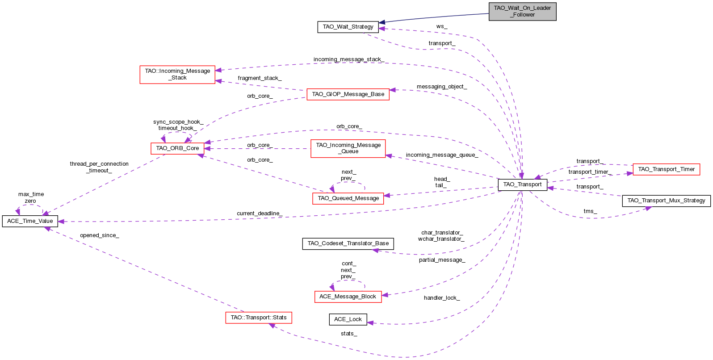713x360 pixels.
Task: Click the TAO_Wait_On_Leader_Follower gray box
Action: (522, 11)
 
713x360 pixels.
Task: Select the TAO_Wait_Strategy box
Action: (348, 27)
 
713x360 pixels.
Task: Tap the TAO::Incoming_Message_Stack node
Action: (177, 74)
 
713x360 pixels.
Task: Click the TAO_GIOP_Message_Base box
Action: (348, 94)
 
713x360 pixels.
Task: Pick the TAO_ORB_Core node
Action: (177, 148)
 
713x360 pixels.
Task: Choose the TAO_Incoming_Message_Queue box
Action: (348, 148)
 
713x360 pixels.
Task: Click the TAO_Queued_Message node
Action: (348, 198)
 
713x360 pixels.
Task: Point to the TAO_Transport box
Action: (522, 184)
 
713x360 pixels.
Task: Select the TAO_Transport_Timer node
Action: (666, 169)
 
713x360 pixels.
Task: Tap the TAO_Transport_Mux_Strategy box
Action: (666, 201)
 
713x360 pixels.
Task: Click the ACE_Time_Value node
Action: (30, 221)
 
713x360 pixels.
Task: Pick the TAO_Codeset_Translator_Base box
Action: (348, 243)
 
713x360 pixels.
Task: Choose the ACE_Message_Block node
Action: (348, 297)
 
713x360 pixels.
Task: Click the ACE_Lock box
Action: (348, 319)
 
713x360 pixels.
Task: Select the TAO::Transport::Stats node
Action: (259, 318)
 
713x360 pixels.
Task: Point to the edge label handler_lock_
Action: (441, 298)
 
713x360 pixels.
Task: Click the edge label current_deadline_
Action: (259, 213)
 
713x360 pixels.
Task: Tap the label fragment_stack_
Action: (260, 78)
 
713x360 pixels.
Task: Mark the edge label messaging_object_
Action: (441, 87)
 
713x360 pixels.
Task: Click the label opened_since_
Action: (99, 235)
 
